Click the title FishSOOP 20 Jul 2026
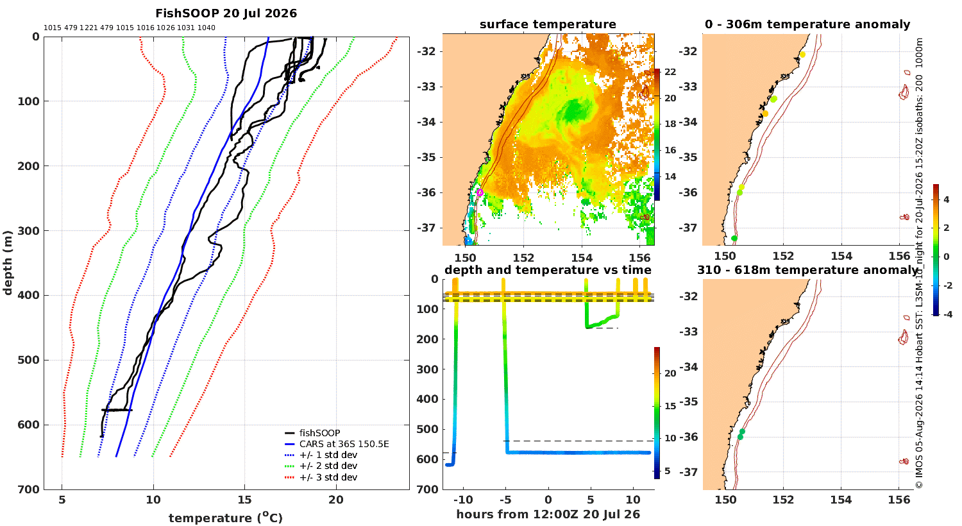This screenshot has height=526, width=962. coord(226,13)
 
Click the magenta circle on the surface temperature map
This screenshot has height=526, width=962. coord(480,192)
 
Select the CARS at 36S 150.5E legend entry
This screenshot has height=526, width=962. coord(344,444)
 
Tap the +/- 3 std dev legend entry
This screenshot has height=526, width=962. coord(328,477)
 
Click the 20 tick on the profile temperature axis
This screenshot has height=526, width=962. coord(336,500)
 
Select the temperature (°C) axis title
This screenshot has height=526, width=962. coord(226,518)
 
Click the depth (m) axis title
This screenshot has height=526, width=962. coord(8,263)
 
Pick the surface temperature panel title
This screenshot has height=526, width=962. coord(548,24)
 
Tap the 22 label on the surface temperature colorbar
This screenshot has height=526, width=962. coord(670,72)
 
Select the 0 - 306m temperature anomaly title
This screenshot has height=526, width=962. coord(807,24)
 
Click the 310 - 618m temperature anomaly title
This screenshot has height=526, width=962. coord(807,269)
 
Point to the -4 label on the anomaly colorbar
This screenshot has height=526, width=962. coord(947,314)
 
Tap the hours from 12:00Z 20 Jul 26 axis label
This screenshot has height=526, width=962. coord(548,514)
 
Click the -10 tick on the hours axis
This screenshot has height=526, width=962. coord(463,500)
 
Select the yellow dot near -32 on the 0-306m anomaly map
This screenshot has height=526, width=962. coord(802,55)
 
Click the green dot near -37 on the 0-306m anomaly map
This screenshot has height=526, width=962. coord(734,239)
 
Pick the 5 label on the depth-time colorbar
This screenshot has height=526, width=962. coord(667,471)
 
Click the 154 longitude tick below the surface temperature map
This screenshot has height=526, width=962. coord(582,258)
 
